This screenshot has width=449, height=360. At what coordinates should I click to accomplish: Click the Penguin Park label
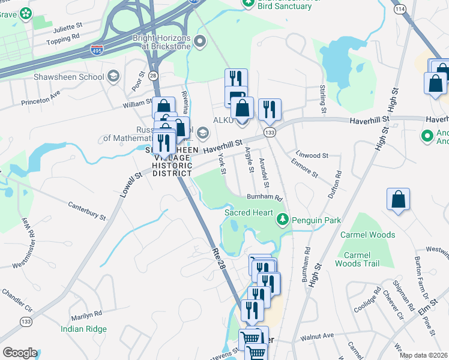tap(316, 221)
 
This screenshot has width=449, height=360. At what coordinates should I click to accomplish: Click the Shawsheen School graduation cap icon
tap(113, 76)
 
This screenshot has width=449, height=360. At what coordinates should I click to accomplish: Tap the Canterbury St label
tap(87, 212)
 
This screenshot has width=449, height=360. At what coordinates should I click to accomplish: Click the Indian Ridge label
tap(83, 329)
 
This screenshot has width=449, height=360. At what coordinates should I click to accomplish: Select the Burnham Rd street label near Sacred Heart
tap(265, 197)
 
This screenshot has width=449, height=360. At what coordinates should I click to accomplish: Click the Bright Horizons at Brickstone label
tap(161, 42)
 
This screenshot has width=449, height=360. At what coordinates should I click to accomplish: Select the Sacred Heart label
tap(249, 212)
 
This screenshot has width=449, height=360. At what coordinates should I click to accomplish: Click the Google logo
tap(20, 353)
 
